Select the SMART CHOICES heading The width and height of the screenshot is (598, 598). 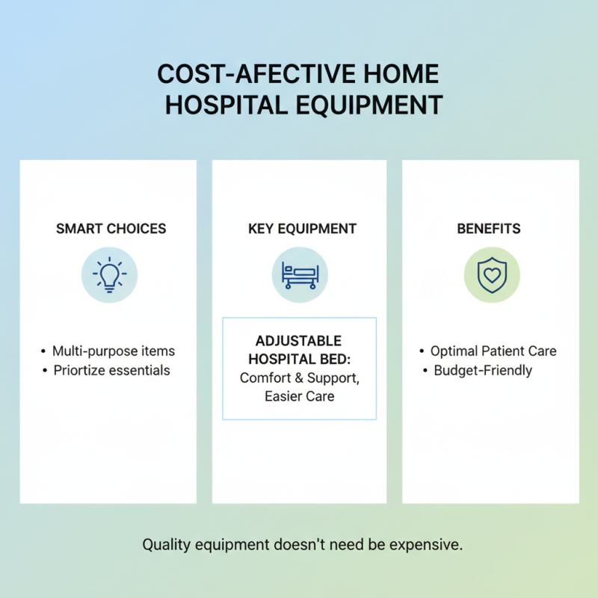111,229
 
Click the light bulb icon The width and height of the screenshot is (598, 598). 110,275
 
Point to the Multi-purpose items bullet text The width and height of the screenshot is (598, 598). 114,351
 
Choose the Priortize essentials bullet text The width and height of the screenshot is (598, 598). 112,370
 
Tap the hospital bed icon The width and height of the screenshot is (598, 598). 300,275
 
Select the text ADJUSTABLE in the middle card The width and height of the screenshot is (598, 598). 299,341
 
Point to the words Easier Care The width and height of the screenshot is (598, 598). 299,396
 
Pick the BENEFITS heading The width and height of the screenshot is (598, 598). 489,229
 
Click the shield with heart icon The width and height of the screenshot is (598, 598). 491,275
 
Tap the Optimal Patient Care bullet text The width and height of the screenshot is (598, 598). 493,351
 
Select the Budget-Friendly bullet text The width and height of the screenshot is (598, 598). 483,370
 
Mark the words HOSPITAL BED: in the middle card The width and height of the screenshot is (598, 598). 299,359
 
